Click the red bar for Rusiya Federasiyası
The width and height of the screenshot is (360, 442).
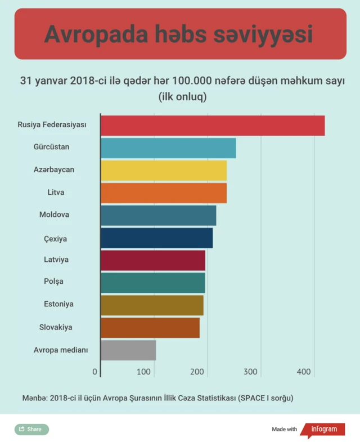pos(213,125)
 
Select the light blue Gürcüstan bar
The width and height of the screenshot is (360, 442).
pos(168,148)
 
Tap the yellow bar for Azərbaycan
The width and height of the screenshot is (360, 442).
pos(164,170)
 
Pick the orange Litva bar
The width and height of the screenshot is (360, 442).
pos(164,193)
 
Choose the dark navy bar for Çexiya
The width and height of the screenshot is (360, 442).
pos(157,238)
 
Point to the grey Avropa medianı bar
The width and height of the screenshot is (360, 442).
pos(128,350)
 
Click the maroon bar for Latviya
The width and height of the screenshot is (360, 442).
pos(153,261)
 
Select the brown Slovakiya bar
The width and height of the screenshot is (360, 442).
pos(150,327)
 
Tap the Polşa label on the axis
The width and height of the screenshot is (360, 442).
pos(54,281)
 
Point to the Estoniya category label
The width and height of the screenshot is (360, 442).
pos(58,304)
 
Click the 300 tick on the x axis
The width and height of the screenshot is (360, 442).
pos(251,372)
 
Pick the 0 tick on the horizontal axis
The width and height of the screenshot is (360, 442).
pos(95,372)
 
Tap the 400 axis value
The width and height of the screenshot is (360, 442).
pos(304,372)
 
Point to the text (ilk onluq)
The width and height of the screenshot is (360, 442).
pos(183,97)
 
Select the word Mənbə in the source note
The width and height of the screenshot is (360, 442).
pos(34,398)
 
